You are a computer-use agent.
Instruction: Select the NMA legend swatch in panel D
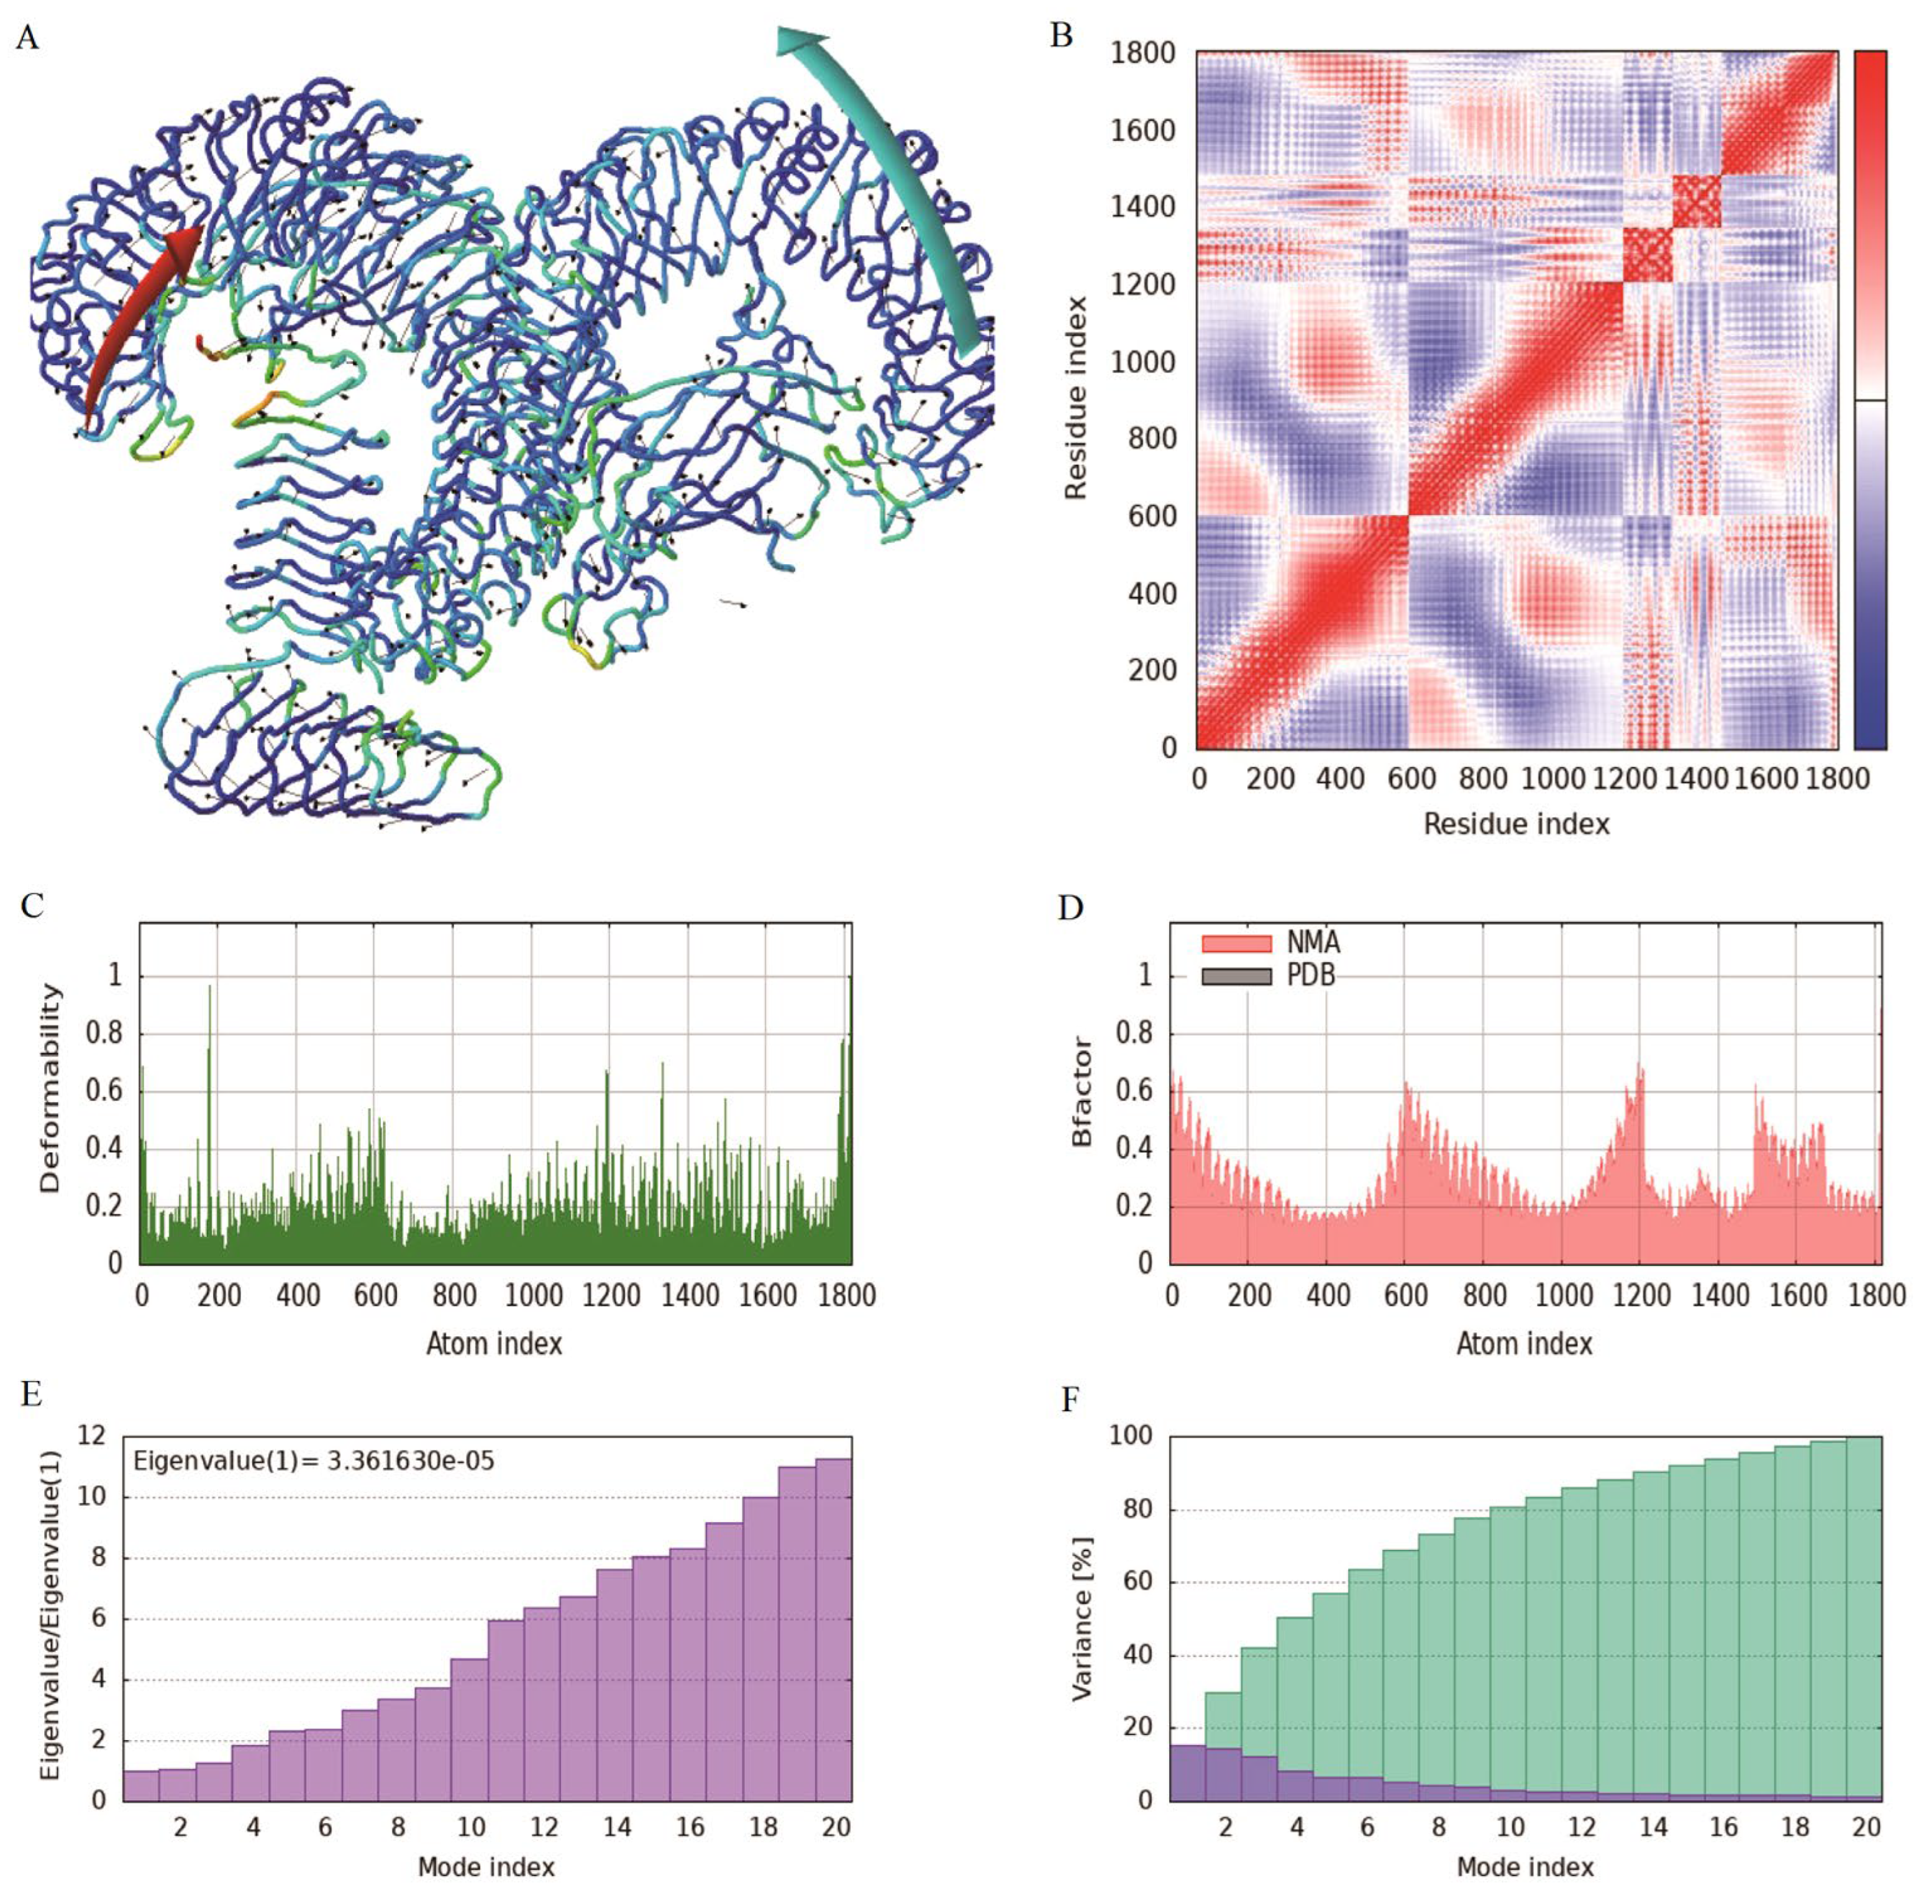tap(1236, 942)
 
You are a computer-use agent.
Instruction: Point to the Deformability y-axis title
tap(50, 1088)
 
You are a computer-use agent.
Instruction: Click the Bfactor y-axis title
tap(1082, 1093)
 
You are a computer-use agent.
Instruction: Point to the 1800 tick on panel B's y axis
tap(1142, 53)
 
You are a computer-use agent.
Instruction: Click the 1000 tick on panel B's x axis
tap(1554, 778)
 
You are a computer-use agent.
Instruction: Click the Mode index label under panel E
tap(486, 1867)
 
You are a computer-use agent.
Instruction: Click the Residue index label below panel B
tap(1516, 823)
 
